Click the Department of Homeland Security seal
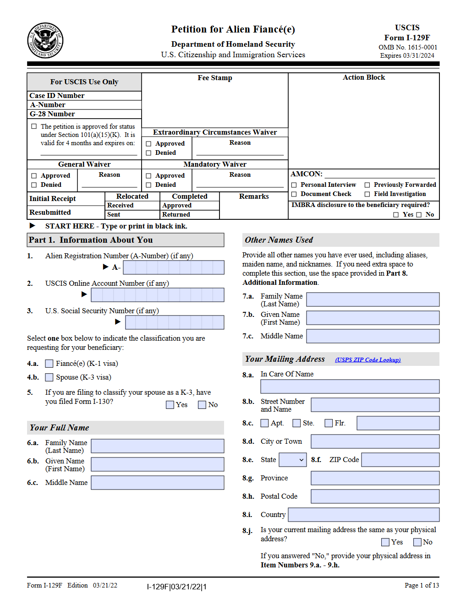[x=45, y=41]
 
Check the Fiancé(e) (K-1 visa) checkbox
[x=49, y=364]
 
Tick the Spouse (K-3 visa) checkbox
[x=49, y=377]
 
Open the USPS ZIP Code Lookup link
[x=367, y=360]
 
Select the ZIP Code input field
[x=400, y=460]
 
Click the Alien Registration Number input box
[x=174, y=267]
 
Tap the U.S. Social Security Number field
[x=175, y=322]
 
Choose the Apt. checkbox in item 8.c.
[x=264, y=423]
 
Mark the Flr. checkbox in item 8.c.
[x=329, y=423]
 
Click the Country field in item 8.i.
[x=363, y=515]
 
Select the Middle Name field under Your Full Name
[x=157, y=483]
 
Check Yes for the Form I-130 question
[x=170, y=405]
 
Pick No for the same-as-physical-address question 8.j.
[x=417, y=542]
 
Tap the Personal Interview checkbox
[x=294, y=185]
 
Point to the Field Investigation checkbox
[x=367, y=194]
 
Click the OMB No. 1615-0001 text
[x=407, y=47]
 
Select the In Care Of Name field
[x=350, y=386]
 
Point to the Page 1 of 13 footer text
[x=422, y=585]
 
